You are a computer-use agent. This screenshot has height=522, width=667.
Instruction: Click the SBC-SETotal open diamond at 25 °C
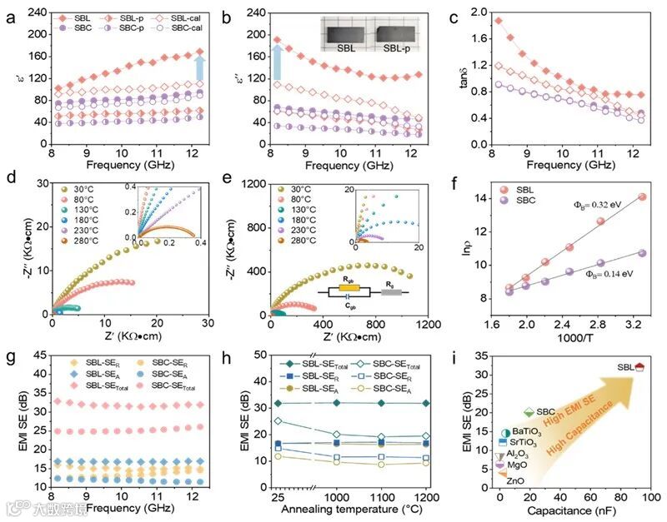click(x=278, y=421)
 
